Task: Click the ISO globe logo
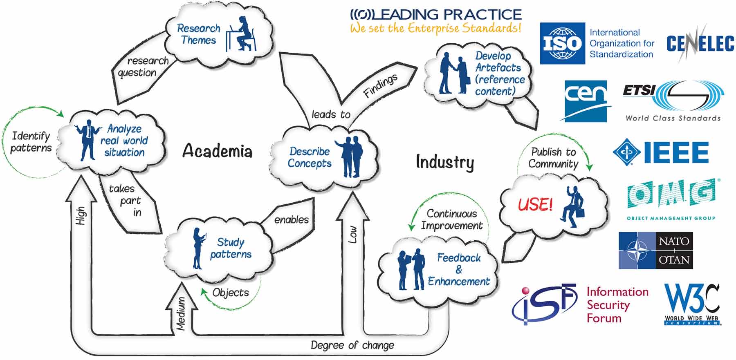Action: pos(562,43)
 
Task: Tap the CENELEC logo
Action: pos(700,43)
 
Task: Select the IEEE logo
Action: pos(661,152)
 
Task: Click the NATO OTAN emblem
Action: pos(655,250)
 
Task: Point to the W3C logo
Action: pos(692,304)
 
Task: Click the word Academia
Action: pos(217,151)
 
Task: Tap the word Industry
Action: pos(445,162)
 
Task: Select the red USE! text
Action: pos(535,204)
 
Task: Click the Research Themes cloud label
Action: pos(198,34)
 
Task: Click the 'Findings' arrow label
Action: pos(380,86)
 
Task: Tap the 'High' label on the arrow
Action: pos(81,215)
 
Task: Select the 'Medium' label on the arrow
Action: pos(181,313)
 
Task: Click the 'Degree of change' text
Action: pos(352,345)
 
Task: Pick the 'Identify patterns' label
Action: pos(31,141)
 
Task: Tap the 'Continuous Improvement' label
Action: pos(452,219)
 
